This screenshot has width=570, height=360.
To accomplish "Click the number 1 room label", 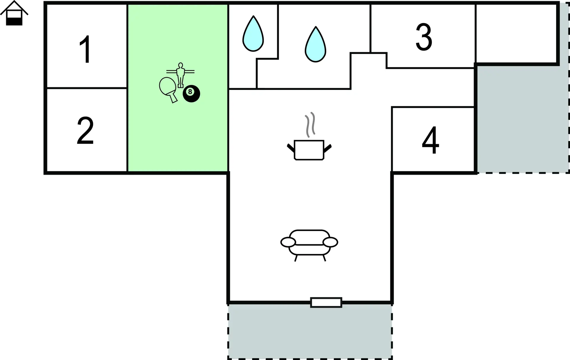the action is click(85, 49).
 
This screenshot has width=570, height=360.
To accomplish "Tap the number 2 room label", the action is click(85, 131).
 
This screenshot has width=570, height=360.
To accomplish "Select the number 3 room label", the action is click(424, 37).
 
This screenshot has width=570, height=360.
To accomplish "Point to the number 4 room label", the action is click(430, 140).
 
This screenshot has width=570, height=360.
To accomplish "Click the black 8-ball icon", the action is click(191, 94).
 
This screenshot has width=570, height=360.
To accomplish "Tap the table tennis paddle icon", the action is click(168, 89).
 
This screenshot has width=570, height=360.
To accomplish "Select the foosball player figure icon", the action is click(180, 75).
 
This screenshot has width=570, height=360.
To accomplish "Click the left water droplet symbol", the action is click(253, 34).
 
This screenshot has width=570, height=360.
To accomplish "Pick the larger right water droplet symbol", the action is click(315, 45).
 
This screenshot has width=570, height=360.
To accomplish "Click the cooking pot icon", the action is click(309, 150).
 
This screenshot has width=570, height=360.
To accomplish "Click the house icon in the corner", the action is click(14, 13).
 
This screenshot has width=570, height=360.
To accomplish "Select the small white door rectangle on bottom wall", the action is click(326, 302).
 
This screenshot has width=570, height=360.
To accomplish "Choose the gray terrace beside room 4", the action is click(522, 119).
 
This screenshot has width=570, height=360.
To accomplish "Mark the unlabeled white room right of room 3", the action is click(516, 34).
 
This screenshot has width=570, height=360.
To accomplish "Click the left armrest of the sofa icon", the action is click(288, 242).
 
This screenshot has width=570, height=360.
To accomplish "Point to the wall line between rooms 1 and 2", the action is click(87, 88).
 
